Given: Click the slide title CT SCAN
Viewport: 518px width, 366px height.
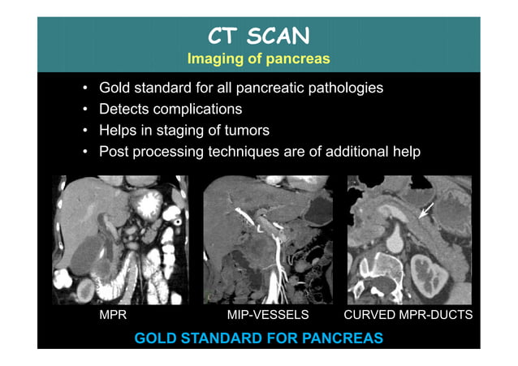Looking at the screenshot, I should tap(258, 37).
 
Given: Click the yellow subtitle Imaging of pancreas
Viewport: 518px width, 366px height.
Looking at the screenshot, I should tap(258, 59).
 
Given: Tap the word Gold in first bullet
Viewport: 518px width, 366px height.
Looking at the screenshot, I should tap(114, 88).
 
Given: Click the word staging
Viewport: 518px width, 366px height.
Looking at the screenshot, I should tap(177, 130).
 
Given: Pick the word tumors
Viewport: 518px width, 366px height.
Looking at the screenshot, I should tap(242, 130).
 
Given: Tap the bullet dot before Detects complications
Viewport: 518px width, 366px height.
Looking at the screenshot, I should tap(86, 110).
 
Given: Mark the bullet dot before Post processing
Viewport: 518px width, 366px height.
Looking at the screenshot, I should tap(86, 152).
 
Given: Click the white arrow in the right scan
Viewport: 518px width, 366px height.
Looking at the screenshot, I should tap(425, 213).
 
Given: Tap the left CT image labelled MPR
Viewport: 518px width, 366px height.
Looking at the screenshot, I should tap(120, 239).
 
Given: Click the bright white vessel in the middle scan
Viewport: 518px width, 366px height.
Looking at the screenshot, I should tap(261, 260).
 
